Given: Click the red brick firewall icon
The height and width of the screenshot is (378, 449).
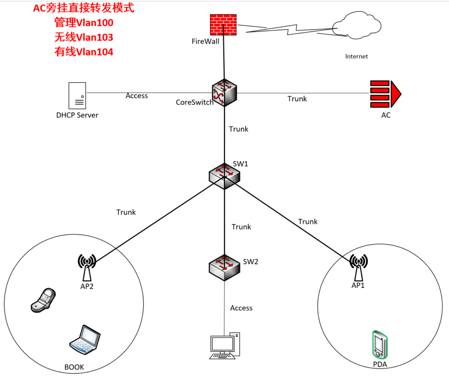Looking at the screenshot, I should (224, 25).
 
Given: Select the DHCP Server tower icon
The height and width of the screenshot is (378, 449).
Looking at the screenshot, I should (77, 95).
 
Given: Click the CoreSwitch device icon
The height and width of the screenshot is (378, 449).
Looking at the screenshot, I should (224, 92).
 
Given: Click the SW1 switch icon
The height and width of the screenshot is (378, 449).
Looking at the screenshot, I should (224, 175).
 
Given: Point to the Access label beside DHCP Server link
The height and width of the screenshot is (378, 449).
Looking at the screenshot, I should (137, 95).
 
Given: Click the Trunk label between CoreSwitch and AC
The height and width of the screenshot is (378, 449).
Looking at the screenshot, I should (297, 99).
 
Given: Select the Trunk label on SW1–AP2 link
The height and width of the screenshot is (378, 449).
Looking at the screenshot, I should (126, 212).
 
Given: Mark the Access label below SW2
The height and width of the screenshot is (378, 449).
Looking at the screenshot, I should (241, 308).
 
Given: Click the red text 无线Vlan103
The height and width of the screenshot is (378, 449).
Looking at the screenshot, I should (84, 37).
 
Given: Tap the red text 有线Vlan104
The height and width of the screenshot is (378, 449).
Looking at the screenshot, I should (84, 52).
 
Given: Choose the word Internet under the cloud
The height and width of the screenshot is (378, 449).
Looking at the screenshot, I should (356, 56).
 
